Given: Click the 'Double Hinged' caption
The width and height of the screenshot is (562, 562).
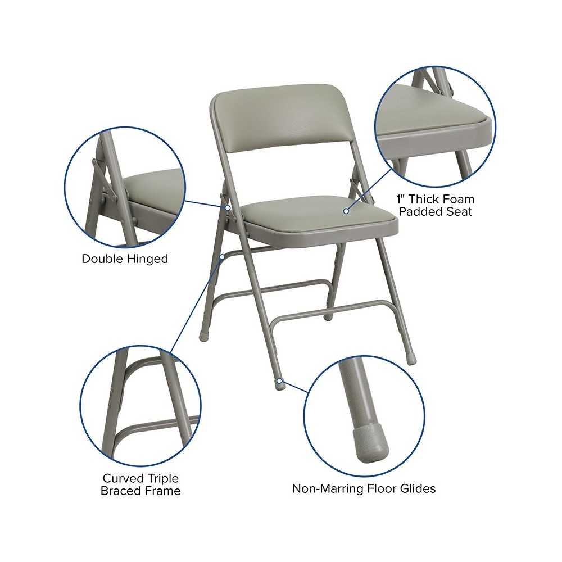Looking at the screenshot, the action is click(125, 259).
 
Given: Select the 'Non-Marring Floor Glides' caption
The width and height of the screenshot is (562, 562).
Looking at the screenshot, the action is click(364, 488).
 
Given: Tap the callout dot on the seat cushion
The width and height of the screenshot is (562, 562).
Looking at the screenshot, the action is click(346, 211).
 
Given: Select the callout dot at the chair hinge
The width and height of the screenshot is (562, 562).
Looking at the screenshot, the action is click(227, 207).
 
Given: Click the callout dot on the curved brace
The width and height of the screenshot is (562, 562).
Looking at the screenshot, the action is click(222, 257).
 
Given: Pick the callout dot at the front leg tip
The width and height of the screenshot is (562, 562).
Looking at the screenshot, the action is click(279, 380).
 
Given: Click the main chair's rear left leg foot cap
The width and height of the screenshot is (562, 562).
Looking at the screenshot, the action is click(203, 337).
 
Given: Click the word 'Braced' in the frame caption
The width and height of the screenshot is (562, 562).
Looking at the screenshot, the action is click(119, 491).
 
